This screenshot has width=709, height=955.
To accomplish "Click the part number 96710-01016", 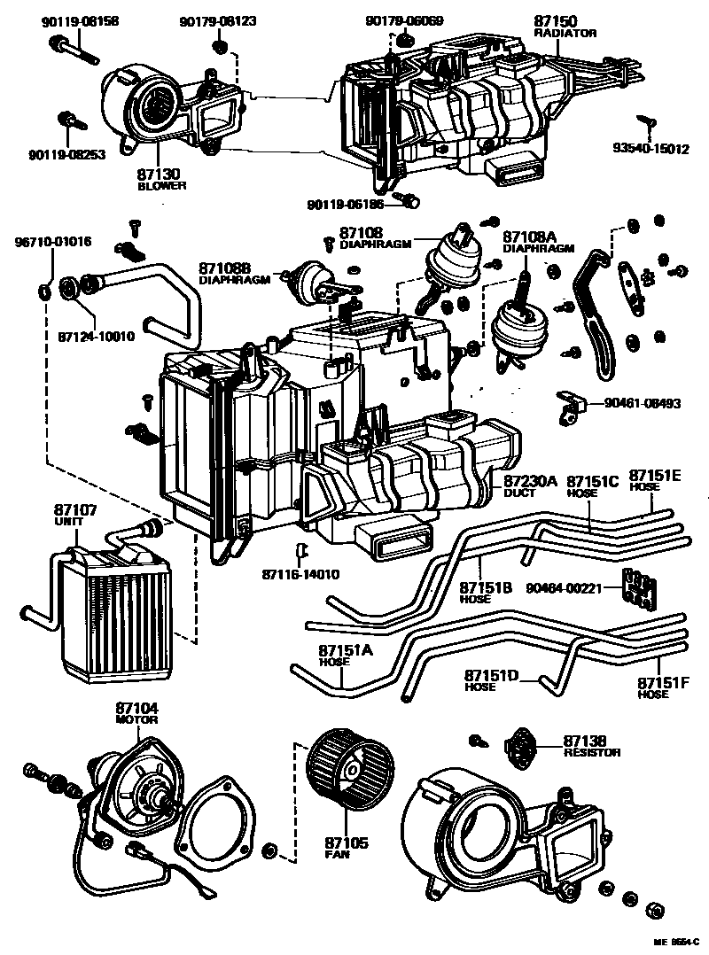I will point(51,241).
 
